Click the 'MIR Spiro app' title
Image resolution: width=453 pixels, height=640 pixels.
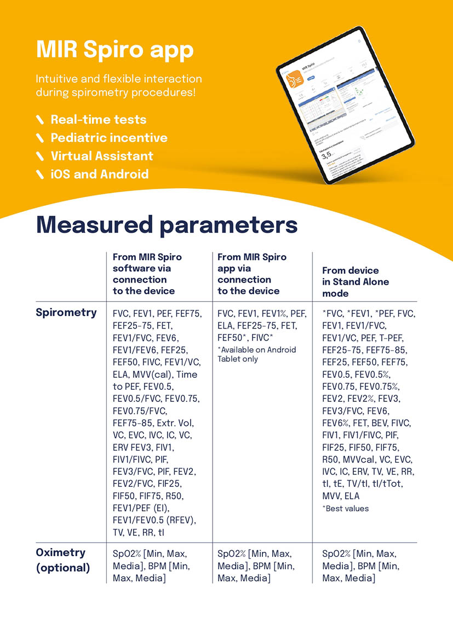pyautogui.click(x=114, y=50)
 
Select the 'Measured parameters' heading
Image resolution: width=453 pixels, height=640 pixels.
pyautogui.click(x=167, y=225)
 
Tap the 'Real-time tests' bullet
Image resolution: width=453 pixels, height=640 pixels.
pyautogui.click(x=99, y=119)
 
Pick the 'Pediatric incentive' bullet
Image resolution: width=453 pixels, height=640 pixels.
pyautogui.click(x=109, y=137)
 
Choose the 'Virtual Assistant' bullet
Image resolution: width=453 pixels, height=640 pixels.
pyautogui.click(x=102, y=156)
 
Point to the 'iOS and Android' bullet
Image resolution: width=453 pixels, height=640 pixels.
pyautogui.click(x=100, y=174)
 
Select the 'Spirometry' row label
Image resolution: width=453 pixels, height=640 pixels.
pyautogui.click(x=66, y=313)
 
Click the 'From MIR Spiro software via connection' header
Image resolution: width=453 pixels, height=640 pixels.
pyautogui.click(x=147, y=274)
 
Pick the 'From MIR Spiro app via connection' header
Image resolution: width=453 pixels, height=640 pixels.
pyautogui.click(x=252, y=274)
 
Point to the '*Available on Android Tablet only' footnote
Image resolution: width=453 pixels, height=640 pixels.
pyautogui.click(x=256, y=354)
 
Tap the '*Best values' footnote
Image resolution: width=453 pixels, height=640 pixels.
pyautogui.click(x=346, y=509)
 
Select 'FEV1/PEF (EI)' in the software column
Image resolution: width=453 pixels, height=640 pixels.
pyautogui.click(x=141, y=508)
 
